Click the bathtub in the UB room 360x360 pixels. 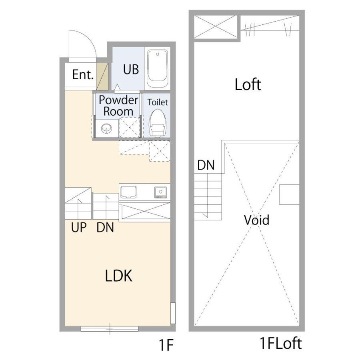click(157, 69)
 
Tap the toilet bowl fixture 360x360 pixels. click(157, 123)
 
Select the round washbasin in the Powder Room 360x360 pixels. click(107, 128)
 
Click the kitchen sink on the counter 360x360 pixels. click(128, 192)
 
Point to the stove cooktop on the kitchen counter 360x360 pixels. click(160, 192)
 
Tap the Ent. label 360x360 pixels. click(83, 75)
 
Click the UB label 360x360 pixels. click(131, 69)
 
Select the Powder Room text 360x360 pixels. click(118, 106)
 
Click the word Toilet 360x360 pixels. click(158, 102)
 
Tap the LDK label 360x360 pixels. click(119, 276)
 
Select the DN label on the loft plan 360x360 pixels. click(206, 165)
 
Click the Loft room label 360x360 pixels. click(248, 84)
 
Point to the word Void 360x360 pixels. click(256, 220)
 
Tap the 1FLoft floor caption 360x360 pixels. click(280, 344)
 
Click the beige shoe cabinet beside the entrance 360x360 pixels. click(102, 76)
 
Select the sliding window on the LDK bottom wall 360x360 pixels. click(110, 328)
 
